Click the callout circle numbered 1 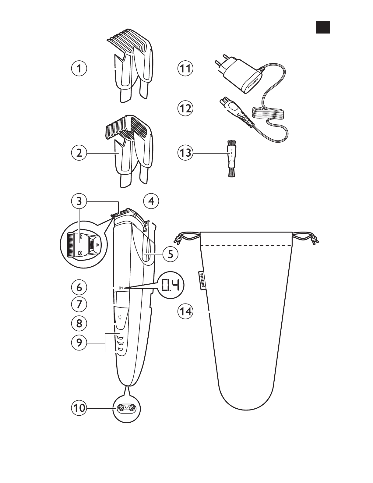[79, 69]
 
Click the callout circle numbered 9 [79, 343]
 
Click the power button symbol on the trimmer [120, 317]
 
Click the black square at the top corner [322, 27]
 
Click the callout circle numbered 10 [79, 408]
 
